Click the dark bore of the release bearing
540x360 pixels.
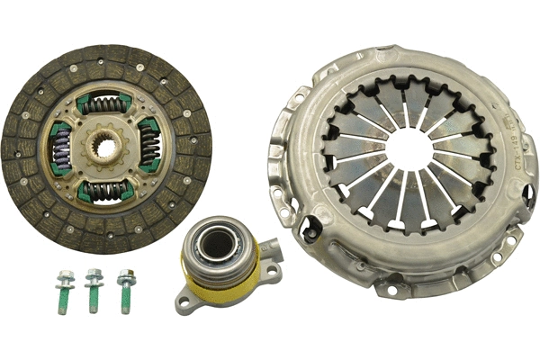217,241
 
